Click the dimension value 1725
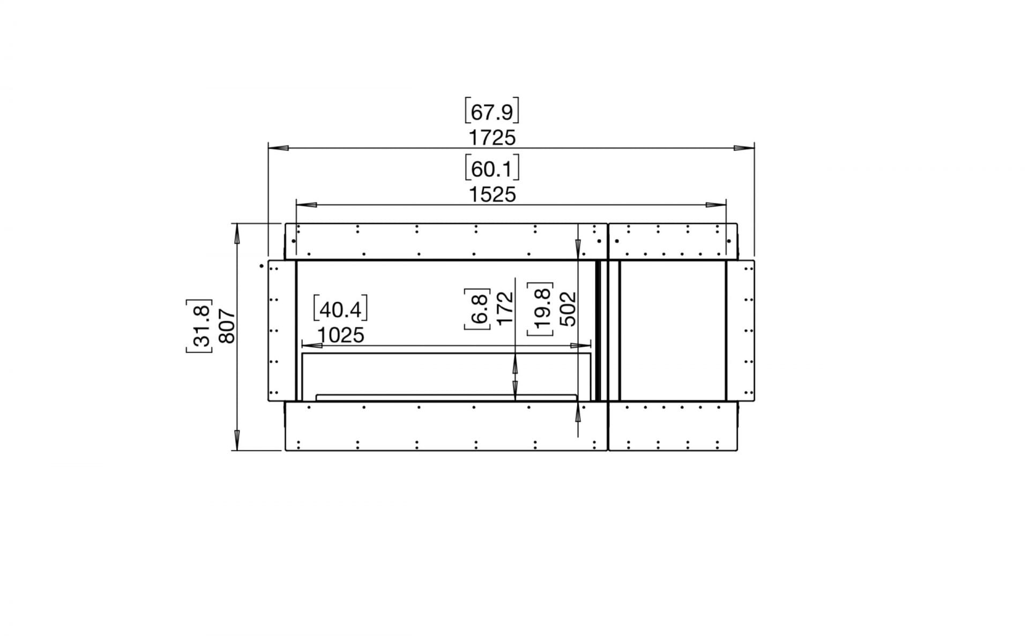pyautogui.click(x=492, y=138)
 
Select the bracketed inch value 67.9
pyautogui.click(x=492, y=111)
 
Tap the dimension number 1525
pyautogui.click(x=492, y=194)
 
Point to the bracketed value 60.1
pyautogui.click(x=492, y=168)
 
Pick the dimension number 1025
pyautogui.click(x=340, y=335)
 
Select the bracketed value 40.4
pyautogui.click(x=340, y=309)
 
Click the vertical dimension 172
pyautogui.click(x=505, y=308)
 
